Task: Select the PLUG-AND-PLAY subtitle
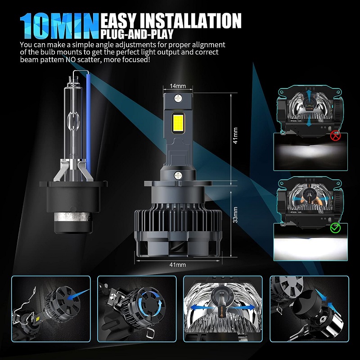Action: [137, 34]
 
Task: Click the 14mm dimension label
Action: [178, 86]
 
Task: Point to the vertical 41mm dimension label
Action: [235, 136]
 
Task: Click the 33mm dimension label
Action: [235, 215]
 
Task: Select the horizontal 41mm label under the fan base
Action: [177, 265]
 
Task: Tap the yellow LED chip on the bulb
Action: [178, 123]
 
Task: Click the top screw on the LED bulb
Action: [178, 99]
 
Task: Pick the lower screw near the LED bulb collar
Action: [178, 175]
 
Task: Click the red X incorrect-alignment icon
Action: [335, 135]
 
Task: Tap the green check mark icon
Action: [335, 227]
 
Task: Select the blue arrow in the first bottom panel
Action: [78, 294]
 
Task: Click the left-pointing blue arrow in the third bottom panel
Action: [198, 308]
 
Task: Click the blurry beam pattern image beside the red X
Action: [310, 152]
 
